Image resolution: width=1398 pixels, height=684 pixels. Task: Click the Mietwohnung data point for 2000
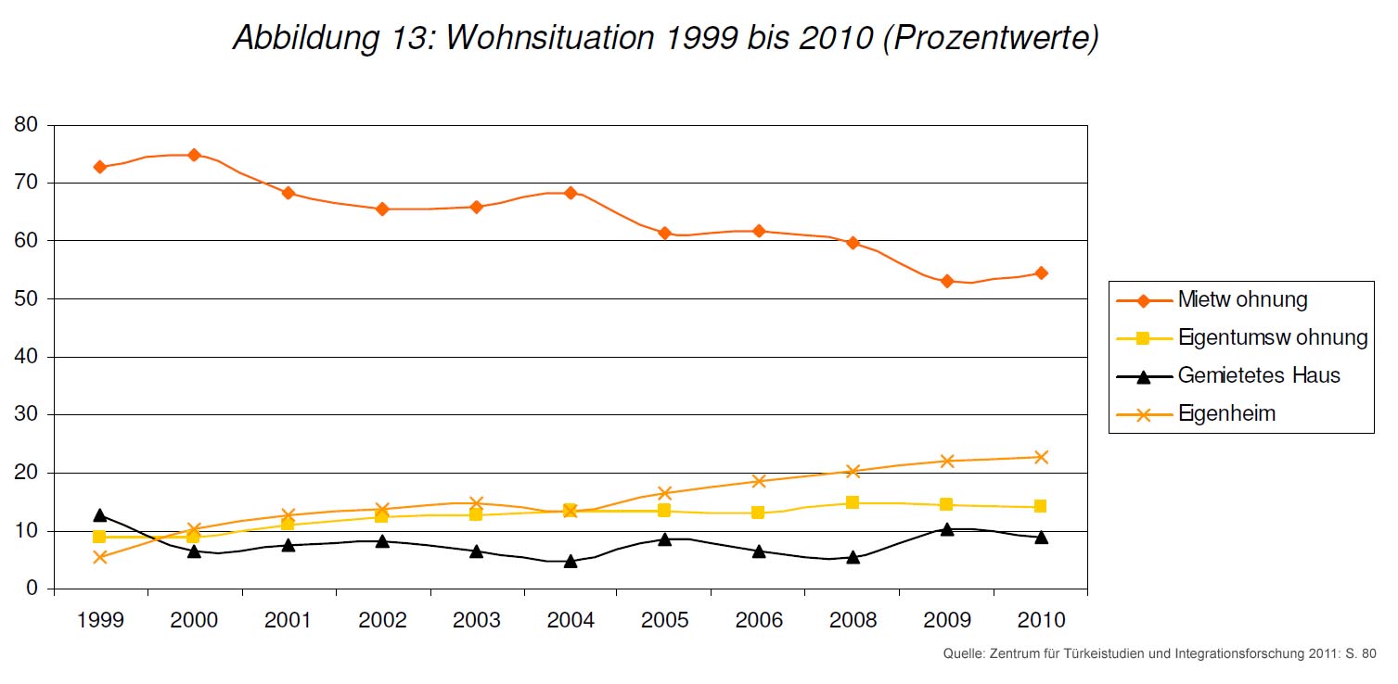pyautogui.click(x=194, y=155)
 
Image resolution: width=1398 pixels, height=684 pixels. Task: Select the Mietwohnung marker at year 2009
pyautogui.click(x=947, y=281)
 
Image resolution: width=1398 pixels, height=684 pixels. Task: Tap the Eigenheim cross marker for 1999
pyautogui.click(x=99, y=557)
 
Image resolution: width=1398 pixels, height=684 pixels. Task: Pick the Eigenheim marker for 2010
pyautogui.click(x=1041, y=457)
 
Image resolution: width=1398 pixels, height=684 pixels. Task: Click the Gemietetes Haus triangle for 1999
pyautogui.click(x=99, y=515)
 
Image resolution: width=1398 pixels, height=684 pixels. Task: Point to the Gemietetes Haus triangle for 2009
pyautogui.click(x=947, y=529)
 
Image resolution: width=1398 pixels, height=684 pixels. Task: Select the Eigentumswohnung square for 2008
pyautogui.click(x=853, y=502)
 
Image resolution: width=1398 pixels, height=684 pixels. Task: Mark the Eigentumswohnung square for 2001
pyautogui.click(x=288, y=525)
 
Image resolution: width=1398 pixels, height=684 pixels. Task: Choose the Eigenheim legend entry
pyautogui.click(x=1226, y=414)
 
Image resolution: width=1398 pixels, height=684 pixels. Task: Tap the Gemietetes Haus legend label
pyautogui.click(x=1259, y=375)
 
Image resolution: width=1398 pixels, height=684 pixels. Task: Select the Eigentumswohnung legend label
pyautogui.click(x=1273, y=338)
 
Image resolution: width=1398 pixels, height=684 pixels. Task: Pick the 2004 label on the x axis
pyautogui.click(x=571, y=620)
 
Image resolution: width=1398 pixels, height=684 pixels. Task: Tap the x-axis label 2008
pyautogui.click(x=853, y=620)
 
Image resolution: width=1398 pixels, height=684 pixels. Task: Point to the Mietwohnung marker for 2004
pyautogui.click(x=571, y=193)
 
